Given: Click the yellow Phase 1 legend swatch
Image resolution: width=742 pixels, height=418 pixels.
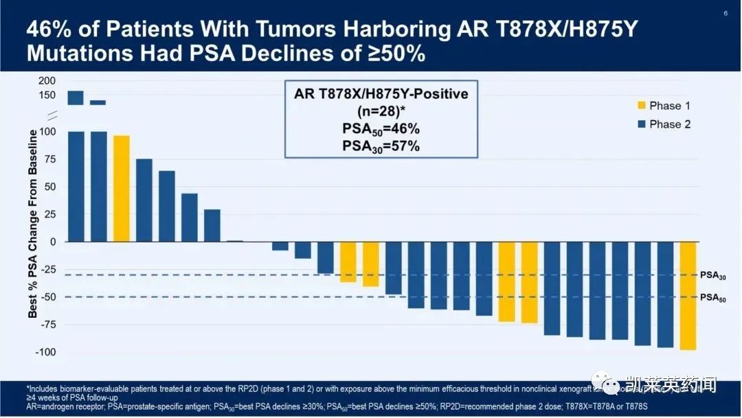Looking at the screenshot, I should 641,106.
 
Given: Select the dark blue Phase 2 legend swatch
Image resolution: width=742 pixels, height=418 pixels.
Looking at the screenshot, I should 641,124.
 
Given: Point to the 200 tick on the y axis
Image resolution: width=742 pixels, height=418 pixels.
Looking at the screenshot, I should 47,81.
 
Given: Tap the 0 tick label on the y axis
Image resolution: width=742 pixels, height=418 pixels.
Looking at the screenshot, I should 52,242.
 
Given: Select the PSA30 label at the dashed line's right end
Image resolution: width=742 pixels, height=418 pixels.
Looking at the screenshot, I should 712,276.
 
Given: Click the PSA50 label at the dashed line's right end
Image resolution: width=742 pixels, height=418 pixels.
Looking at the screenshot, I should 712,299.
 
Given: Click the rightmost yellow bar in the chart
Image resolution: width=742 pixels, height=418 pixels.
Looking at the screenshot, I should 688,295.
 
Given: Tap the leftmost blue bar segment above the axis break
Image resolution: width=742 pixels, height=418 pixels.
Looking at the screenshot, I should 76,97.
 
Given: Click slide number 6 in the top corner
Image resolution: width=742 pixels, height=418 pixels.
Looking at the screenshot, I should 726,13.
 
